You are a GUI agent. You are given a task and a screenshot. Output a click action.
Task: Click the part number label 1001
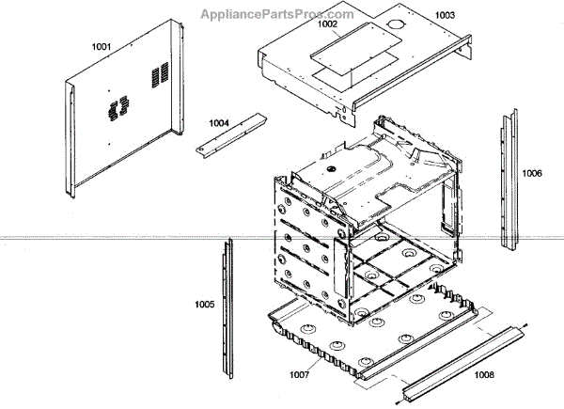(102, 46)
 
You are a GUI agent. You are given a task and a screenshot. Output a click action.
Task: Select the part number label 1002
(326, 26)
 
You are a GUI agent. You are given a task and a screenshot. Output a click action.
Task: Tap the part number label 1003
(444, 16)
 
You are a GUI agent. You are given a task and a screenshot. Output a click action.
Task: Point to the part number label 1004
(218, 123)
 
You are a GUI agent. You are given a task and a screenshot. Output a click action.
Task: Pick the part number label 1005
(204, 305)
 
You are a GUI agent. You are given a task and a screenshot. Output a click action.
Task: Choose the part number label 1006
(532, 173)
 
